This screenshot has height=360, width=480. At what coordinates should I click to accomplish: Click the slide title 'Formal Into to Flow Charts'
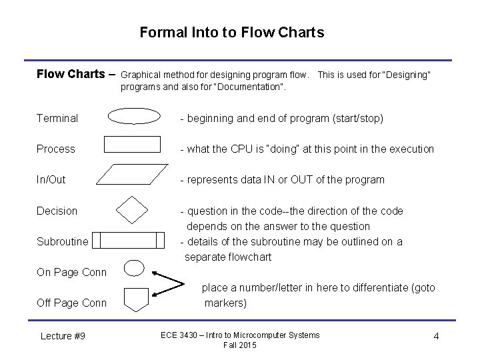(232, 32)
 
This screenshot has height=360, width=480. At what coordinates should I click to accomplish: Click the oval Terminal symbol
(134, 117)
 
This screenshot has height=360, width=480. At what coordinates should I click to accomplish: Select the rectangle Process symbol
(133, 144)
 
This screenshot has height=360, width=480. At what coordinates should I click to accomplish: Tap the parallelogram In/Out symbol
(133, 175)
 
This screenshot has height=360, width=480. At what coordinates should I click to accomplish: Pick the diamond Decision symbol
(132, 210)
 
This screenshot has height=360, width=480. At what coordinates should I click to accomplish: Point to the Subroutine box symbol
(128, 240)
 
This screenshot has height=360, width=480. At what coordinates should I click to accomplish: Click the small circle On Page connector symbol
(134, 268)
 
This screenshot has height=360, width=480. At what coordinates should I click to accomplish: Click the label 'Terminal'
(57, 118)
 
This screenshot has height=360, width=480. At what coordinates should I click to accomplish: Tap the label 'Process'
(56, 149)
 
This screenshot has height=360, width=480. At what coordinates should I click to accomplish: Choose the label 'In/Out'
(51, 179)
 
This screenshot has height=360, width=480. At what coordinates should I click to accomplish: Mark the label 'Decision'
(57, 211)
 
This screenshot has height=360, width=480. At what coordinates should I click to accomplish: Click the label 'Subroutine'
(63, 241)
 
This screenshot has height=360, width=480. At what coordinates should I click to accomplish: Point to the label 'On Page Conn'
(71, 272)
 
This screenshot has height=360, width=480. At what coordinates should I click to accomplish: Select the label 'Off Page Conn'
(71, 303)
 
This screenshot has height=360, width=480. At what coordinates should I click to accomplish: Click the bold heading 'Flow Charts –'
(76, 74)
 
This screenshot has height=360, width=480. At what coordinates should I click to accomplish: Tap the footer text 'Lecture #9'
(63, 336)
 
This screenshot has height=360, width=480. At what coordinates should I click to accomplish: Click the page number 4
(436, 336)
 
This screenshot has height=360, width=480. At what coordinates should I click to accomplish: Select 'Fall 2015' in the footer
(240, 345)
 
